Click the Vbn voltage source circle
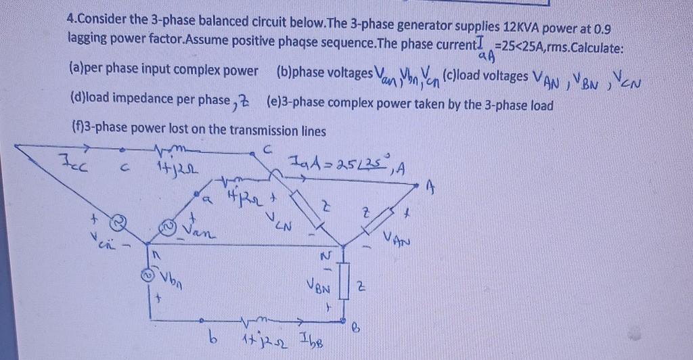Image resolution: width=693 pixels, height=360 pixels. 144,275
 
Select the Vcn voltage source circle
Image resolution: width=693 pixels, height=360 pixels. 117,220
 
